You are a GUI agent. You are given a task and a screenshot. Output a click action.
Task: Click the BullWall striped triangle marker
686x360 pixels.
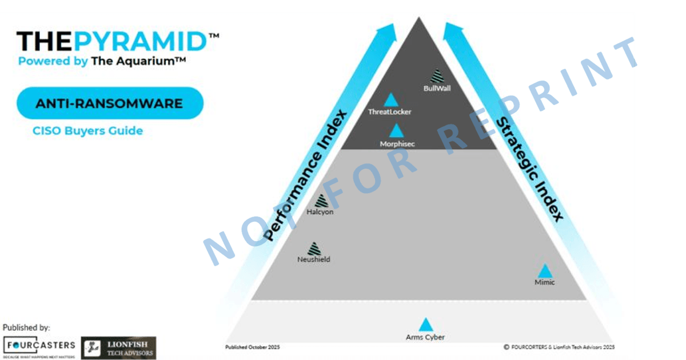437,76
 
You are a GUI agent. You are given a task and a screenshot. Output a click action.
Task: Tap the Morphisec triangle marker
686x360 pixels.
397,131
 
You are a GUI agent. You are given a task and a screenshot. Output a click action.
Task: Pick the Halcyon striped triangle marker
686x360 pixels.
320,201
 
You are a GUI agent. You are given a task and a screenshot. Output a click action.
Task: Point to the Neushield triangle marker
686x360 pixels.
314,249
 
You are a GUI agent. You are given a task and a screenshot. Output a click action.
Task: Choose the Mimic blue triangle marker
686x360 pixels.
545,271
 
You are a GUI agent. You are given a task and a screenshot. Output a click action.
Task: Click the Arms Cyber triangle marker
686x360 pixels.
425,325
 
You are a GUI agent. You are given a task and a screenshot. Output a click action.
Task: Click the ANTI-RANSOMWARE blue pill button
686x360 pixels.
110,103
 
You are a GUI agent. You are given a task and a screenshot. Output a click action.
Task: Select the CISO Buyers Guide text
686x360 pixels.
87,131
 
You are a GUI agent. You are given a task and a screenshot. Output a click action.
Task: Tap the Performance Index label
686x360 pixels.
306,174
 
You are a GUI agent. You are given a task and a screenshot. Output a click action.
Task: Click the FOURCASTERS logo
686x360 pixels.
39,346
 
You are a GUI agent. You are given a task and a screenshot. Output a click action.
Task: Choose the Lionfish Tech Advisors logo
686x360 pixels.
118,347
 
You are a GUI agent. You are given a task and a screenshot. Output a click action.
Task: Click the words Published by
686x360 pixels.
26,327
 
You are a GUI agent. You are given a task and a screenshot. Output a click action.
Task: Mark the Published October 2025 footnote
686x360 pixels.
253,347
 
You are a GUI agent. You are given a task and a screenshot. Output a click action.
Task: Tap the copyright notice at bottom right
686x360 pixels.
559,347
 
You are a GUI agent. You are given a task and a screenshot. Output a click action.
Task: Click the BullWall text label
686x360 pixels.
437,89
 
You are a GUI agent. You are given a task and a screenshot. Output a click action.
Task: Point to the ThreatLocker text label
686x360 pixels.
390,112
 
